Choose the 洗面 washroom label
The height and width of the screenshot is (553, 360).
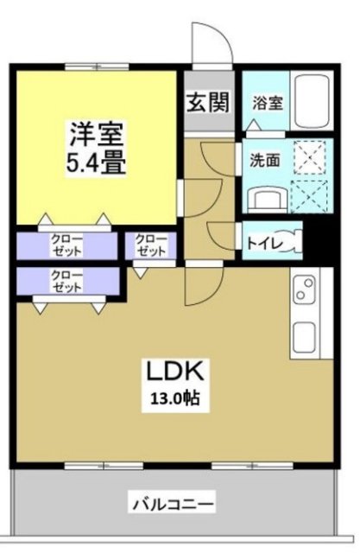(x=265, y=160)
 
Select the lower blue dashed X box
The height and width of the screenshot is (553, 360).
(x=307, y=197)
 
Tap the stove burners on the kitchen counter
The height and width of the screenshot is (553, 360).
(x=305, y=290)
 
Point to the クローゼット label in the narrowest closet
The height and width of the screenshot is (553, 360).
(x=152, y=245)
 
